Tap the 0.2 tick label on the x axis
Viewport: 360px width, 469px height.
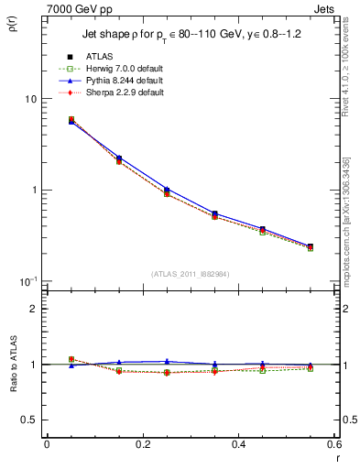(142, 445)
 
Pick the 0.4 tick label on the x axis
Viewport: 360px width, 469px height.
(238, 445)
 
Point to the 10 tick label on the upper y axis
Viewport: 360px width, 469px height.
(30, 99)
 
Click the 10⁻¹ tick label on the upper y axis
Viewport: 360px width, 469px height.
(27, 280)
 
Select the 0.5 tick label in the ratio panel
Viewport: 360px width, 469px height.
(30, 420)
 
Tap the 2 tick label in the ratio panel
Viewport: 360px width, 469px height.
(35, 309)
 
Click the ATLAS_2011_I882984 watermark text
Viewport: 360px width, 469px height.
(191, 274)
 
